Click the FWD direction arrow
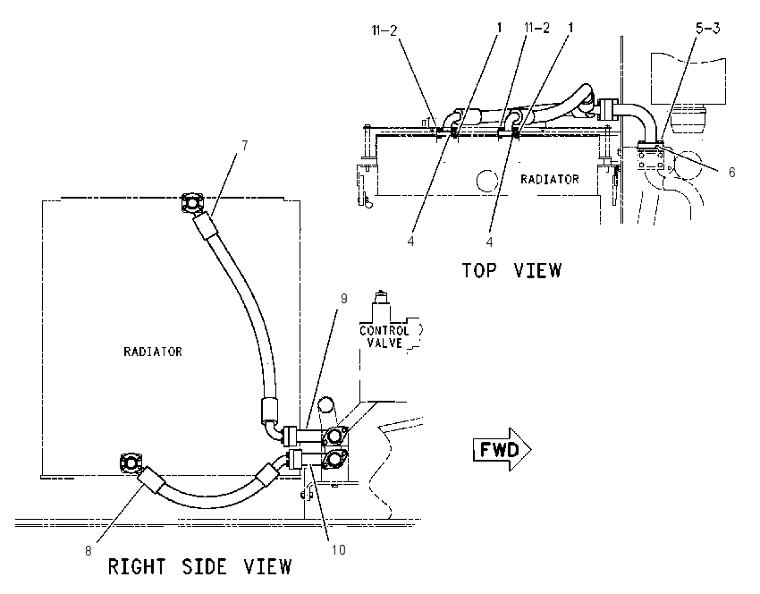pyautogui.click(x=502, y=449)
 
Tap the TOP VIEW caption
pyautogui.click(x=511, y=270)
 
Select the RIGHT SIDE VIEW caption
pyautogui.click(x=199, y=566)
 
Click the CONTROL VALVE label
pyautogui.click(x=384, y=337)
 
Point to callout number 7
pyautogui.click(x=245, y=146)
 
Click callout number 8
pyautogui.click(x=89, y=551)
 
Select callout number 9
pyautogui.click(x=343, y=298)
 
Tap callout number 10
pyautogui.click(x=338, y=549)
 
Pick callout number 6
pyautogui.click(x=732, y=172)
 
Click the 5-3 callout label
pyautogui.click(x=707, y=29)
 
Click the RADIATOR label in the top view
pyautogui.click(x=550, y=180)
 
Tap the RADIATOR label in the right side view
pyautogui.click(x=153, y=352)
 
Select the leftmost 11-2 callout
pyautogui.click(x=384, y=30)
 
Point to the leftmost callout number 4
pyautogui.click(x=410, y=241)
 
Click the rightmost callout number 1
pyautogui.click(x=570, y=28)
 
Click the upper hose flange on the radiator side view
pyautogui.click(x=192, y=203)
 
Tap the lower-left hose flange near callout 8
pyautogui.click(x=131, y=463)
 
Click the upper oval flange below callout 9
pyautogui.click(x=334, y=436)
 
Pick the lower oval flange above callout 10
pyautogui.click(x=334, y=458)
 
